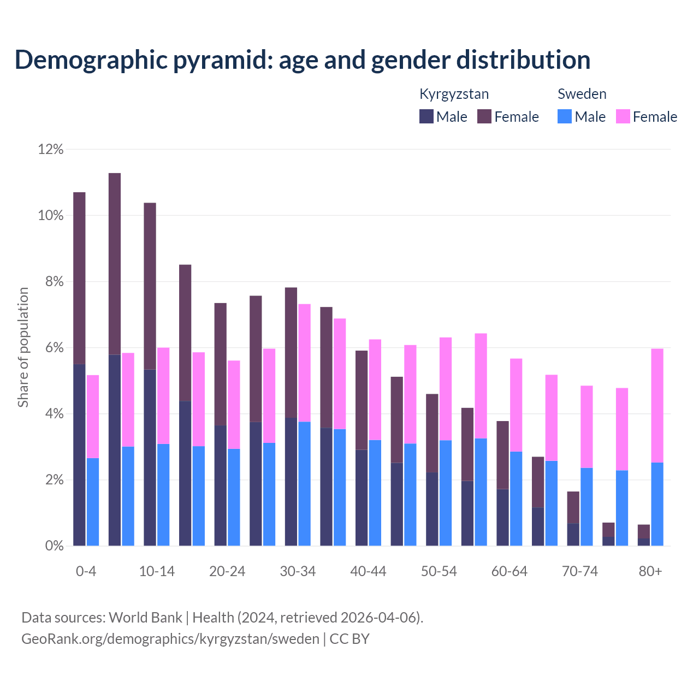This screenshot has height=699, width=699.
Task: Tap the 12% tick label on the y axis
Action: coord(51,149)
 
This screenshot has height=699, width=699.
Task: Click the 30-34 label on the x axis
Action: coord(298,571)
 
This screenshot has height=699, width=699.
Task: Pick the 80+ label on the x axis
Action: coord(650,571)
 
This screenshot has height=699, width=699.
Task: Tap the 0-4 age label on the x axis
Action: coord(86,571)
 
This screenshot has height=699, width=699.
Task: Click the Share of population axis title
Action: coord(23,347)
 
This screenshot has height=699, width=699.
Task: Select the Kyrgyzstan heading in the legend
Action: coord(454,94)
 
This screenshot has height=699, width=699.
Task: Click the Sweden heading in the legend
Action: coord(582,94)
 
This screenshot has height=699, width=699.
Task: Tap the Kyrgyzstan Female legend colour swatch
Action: coord(484,116)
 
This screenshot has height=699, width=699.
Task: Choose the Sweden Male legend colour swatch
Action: coord(565,116)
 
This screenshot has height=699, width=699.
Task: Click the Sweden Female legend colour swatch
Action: coord(623,116)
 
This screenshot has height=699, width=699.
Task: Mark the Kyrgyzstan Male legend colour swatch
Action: coord(426,116)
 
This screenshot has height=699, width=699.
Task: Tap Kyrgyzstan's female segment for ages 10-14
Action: coord(150,286)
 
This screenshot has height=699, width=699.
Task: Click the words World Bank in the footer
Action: coord(145,618)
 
